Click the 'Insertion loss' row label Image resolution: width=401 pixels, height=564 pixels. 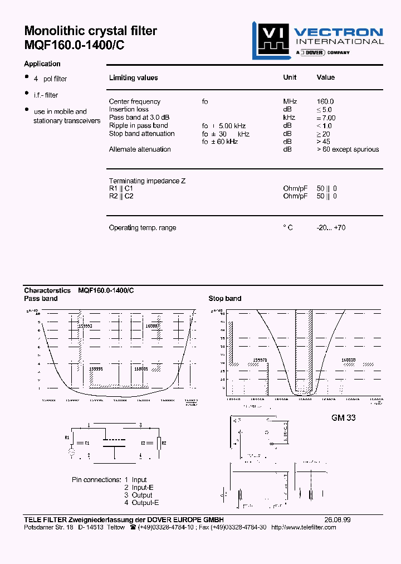(x=129, y=109)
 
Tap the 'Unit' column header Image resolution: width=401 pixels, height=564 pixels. (x=290, y=77)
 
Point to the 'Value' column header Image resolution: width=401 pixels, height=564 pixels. (x=326, y=77)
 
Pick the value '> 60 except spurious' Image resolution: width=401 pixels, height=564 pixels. (x=348, y=149)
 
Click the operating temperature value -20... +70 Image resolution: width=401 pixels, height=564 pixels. (x=331, y=228)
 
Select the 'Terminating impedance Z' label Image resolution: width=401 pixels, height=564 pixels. (x=147, y=181)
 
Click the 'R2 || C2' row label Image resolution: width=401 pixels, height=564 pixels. (x=121, y=196)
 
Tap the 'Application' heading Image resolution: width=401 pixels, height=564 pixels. (x=42, y=64)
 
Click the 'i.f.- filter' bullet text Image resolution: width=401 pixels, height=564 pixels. (x=46, y=95)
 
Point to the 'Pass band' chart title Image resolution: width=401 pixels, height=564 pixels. (x=41, y=299)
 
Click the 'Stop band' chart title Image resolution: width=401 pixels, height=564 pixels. (x=225, y=299)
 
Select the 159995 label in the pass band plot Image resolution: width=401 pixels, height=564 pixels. (x=96, y=369)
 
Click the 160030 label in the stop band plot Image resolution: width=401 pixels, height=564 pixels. (x=349, y=361)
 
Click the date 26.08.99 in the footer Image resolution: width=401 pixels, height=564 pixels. (x=338, y=519)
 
